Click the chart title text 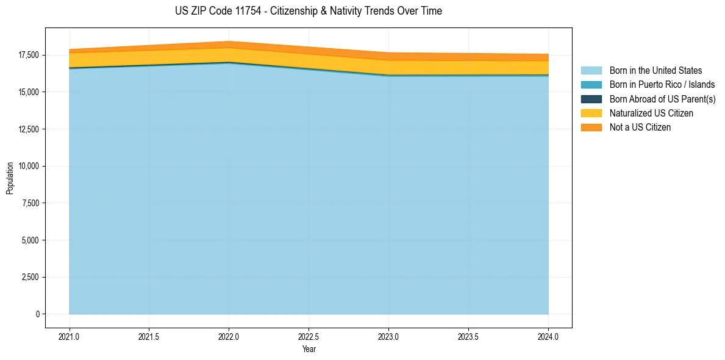coord(308,11)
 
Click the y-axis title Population coord(10,178)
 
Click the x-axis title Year coord(309,350)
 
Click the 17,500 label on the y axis coord(29,55)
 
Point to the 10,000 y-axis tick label coord(29,166)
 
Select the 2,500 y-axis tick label coord(30,277)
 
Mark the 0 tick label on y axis coord(37,314)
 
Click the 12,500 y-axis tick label coord(29,129)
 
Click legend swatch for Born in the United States coord(591,71)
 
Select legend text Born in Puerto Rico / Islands coord(662,85)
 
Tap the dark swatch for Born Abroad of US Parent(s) coord(591,99)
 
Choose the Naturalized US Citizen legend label coord(651,113)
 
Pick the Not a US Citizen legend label coord(640,128)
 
